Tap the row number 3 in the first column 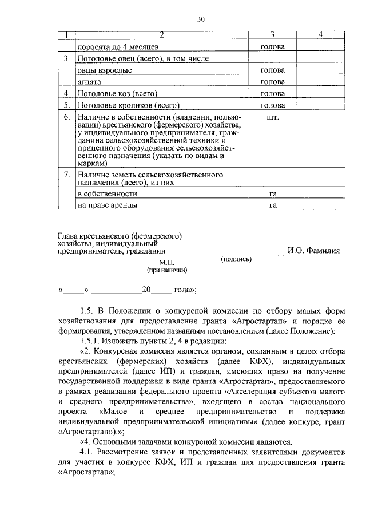pos(67,58)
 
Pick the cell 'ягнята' pos(90,82)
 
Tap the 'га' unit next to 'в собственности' pos(273,194)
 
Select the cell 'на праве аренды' pos(108,205)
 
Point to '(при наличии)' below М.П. pos(167,270)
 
